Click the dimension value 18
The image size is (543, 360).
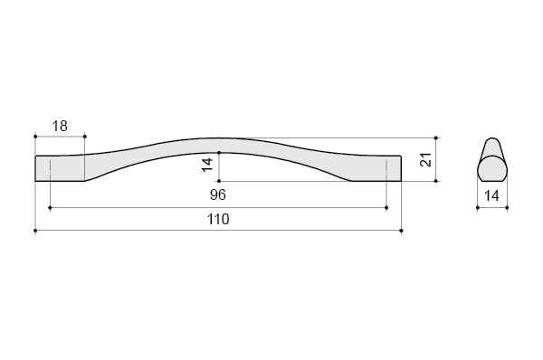[x=60, y=126]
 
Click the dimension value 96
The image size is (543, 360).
[x=218, y=194]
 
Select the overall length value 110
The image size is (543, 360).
[x=218, y=219]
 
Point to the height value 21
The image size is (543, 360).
[x=425, y=159]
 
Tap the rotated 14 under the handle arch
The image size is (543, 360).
[x=207, y=165]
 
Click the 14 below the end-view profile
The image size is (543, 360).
[x=491, y=196]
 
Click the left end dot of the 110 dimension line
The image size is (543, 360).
[x=35, y=231]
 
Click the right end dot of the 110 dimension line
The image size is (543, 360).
[x=401, y=231]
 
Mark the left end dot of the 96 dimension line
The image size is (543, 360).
[x=50, y=208]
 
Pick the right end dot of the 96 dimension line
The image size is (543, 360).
[x=386, y=208]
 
